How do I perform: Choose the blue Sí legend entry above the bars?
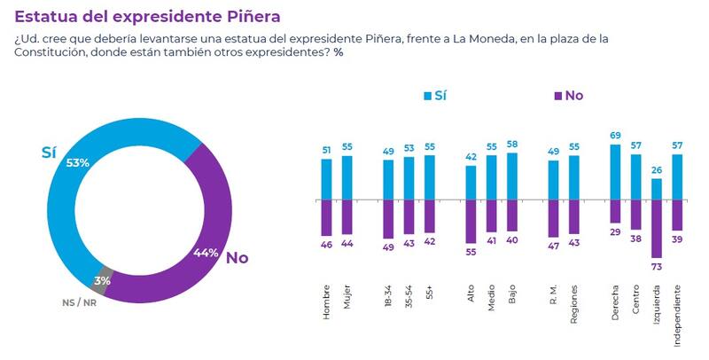tap(435, 95)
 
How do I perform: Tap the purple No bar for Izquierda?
tap(657, 230)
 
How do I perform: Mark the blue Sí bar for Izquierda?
tap(657, 190)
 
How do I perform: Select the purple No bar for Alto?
tap(471, 222)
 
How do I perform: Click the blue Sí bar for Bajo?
tap(512, 176)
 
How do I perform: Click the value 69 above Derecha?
tap(615, 135)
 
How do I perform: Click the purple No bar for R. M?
tap(554, 218)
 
